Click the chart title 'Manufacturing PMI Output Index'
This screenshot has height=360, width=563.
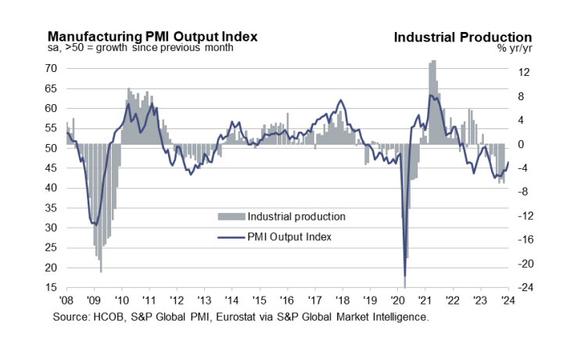tap(152, 37)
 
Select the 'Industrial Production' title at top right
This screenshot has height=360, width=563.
tap(463, 37)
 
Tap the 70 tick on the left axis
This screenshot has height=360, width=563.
tap(51, 69)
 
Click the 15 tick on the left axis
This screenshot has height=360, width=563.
tap(51, 288)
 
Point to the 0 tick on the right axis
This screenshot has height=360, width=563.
tap(522, 145)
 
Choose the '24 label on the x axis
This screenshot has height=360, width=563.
tap(509, 301)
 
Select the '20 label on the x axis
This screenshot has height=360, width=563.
tap(399, 301)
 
